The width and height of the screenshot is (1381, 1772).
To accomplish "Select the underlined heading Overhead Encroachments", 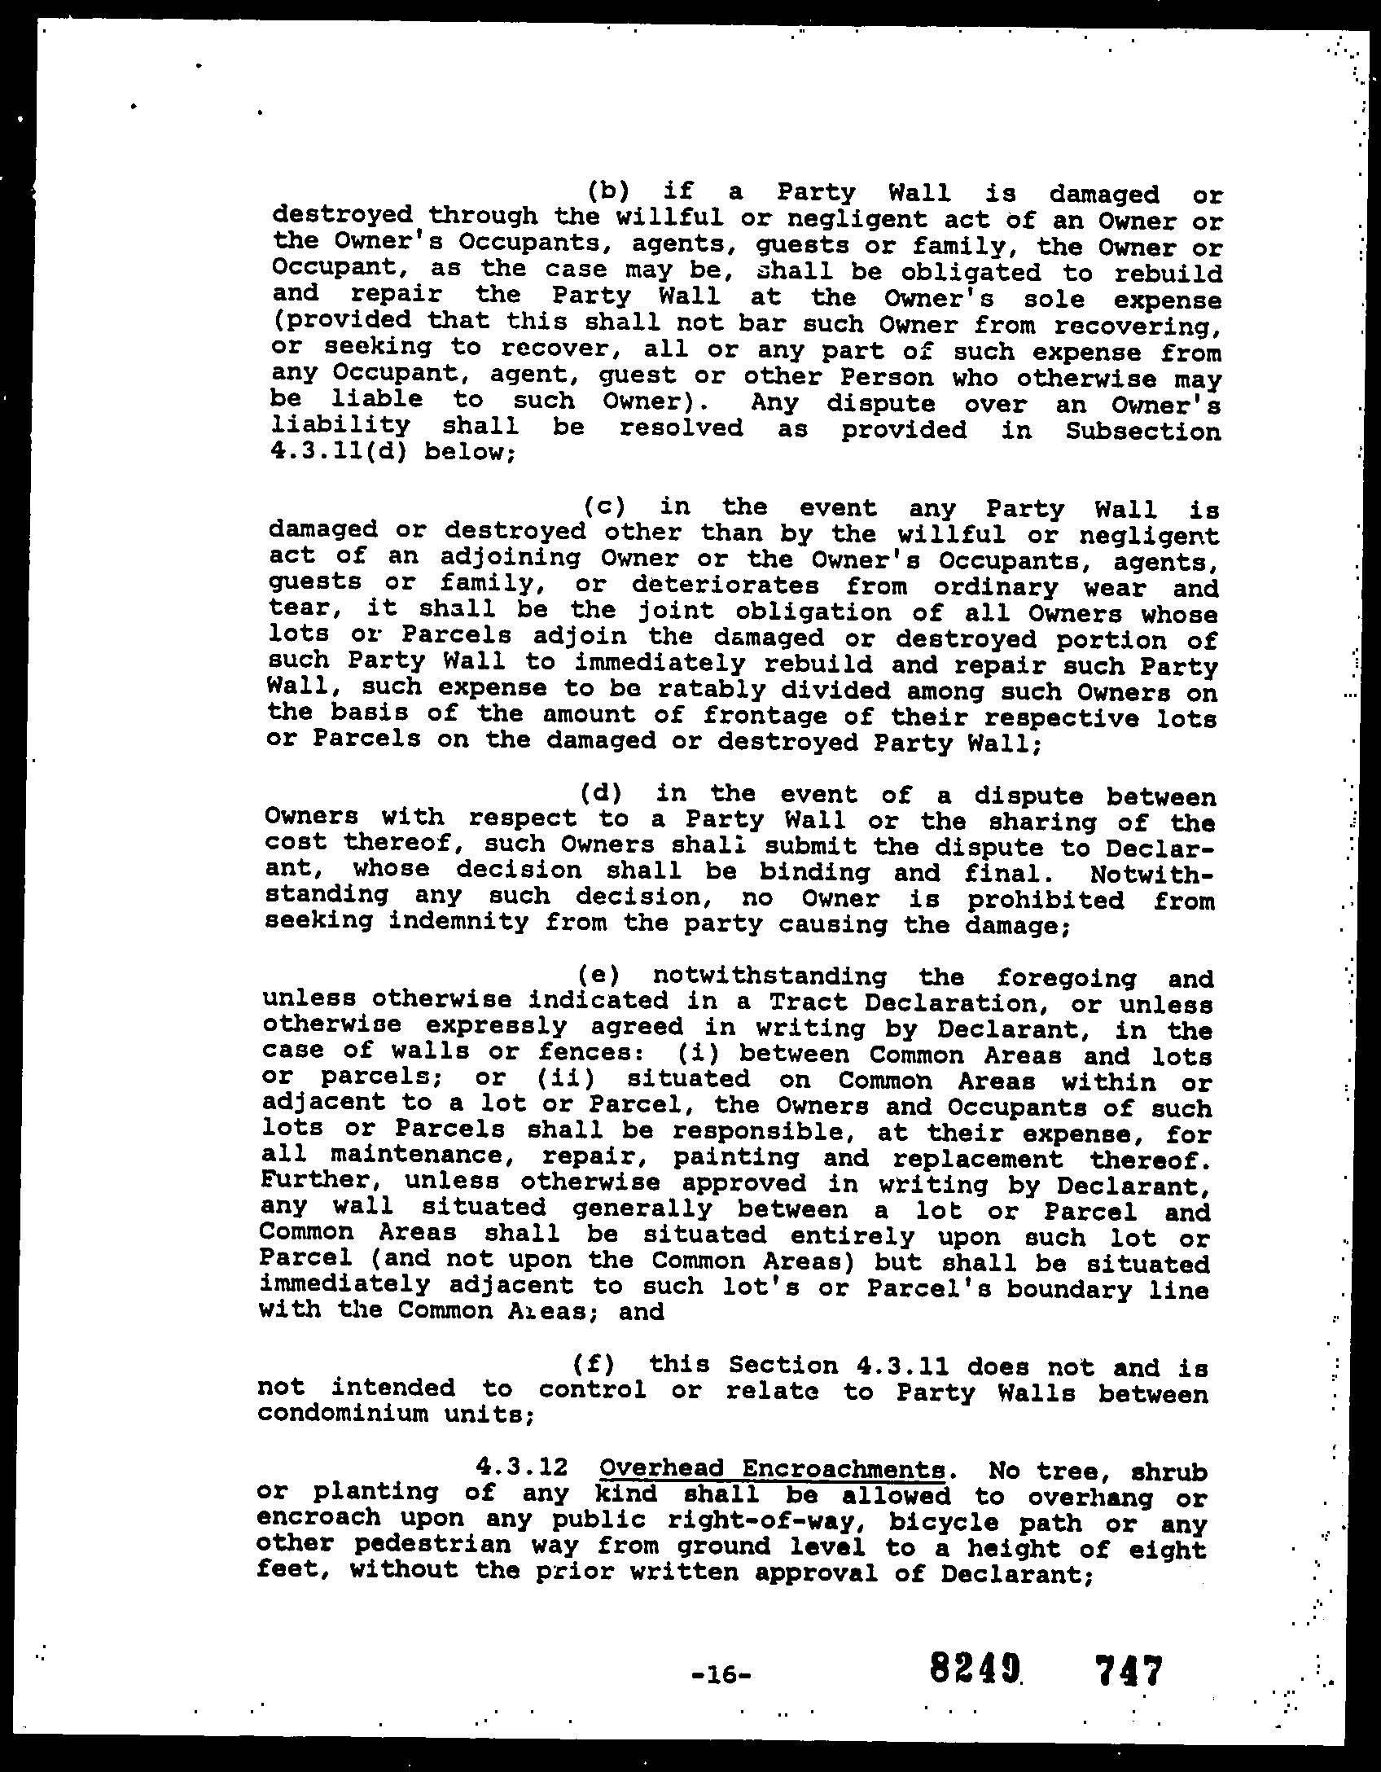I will (772, 1469).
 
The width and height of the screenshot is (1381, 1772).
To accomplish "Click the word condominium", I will (343, 1414).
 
